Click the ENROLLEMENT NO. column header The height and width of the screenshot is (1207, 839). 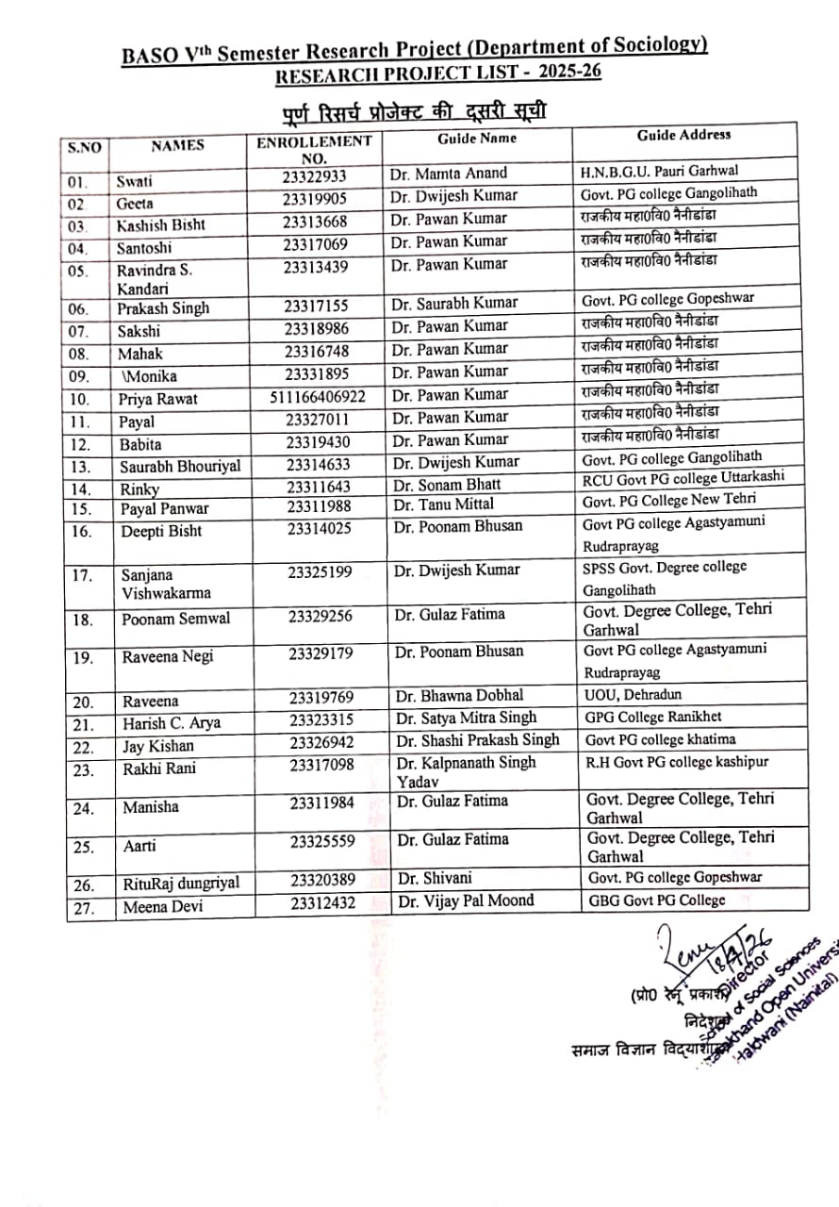[315, 149]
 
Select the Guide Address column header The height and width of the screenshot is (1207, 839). [683, 135]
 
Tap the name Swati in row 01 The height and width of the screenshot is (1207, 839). [134, 181]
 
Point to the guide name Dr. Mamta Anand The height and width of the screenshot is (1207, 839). [448, 174]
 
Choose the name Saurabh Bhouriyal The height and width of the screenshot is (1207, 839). [180, 467]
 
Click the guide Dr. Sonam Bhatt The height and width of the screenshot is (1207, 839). [447, 485]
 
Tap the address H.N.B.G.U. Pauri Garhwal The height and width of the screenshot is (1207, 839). [660, 171]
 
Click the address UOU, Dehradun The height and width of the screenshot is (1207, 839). [633, 694]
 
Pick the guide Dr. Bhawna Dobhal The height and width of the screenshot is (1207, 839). [460, 696]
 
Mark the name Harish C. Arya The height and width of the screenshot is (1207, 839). [172, 723]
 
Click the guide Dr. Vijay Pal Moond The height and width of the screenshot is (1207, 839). [466, 901]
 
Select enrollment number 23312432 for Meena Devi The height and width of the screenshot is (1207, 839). [322, 902]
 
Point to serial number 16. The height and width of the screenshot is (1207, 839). [82, 532]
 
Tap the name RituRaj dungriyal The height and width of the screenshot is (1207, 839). [181, 884]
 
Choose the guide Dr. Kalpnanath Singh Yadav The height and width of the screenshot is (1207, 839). [466, 771]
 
